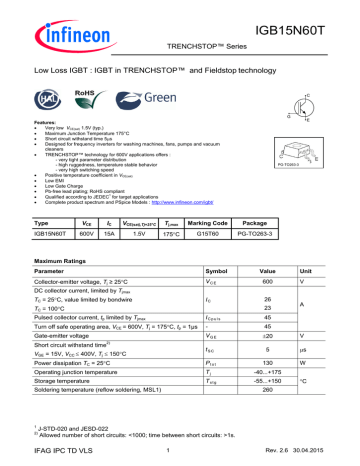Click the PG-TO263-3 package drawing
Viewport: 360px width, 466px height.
point(317,146)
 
